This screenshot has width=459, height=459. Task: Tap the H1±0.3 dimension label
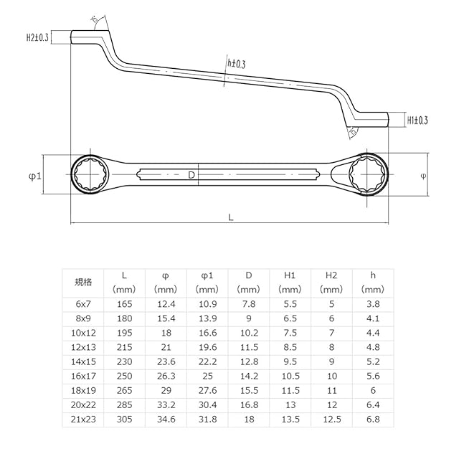point(417,120)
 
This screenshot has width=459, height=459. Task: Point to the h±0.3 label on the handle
point(236,64)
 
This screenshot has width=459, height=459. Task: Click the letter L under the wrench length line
point(230,216)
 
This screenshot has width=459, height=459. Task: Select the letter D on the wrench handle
point(191,175)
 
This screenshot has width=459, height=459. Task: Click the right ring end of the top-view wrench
point(367,174)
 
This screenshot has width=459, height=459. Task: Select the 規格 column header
point(83,282)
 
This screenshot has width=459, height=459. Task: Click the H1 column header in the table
point(290,275)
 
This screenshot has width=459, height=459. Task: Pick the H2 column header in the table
point(331,275)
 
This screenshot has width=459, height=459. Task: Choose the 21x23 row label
point(83,418)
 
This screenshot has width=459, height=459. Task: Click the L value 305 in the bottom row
point(124,418)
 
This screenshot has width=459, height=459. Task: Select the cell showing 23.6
point(166,361)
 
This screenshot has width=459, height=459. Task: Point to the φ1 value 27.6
point(207,389)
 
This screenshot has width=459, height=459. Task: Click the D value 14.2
point(248,375)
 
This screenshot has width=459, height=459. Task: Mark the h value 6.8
point(373,418)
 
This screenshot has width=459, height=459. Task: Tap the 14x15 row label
point(83,361)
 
